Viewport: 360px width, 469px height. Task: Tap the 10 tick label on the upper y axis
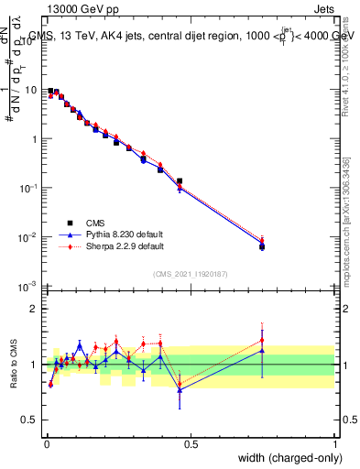[32, 91]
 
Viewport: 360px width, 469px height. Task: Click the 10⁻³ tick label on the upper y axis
[30, 287]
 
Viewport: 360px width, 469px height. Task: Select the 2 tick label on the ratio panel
[36, 310]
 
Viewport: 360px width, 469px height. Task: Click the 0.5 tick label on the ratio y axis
[32, 420]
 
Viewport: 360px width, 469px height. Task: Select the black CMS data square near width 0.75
[262, 246]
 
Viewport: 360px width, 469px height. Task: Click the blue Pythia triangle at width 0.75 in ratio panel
[262, 351]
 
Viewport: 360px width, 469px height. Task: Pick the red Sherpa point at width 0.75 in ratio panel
[262, 340]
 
